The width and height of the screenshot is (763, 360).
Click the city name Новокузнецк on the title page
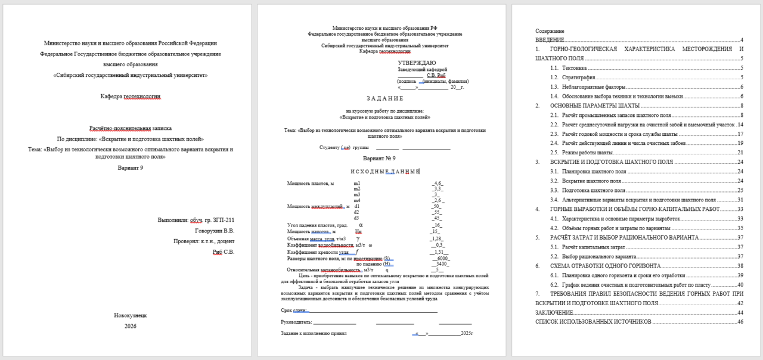(x=130, y=315)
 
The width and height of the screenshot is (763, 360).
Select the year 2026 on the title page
(x=131, y=326)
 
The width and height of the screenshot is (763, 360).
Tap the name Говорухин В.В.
(x=215, y=231)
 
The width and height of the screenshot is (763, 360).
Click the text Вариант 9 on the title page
(x=130, y=168)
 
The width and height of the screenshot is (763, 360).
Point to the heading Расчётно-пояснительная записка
(x=130, y=128)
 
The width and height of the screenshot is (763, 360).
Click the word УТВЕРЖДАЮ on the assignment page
(x=417, y=63)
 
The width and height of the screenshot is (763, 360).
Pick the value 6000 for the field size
(x=442, y=259)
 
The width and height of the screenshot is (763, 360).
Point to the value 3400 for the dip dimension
(x=442, y=264)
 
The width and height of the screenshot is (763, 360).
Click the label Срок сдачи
(x=294, y=311)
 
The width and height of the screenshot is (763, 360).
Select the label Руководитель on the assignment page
(x=297, y=322)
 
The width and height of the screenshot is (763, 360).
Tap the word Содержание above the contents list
(x=549, y=30)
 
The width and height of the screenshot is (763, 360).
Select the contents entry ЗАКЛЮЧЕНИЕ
(x=554, y=313)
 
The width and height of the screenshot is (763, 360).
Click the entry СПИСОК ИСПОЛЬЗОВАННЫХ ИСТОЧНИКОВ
(x=593, y=322)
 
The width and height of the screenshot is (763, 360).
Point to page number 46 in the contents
(x=740, y=322)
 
